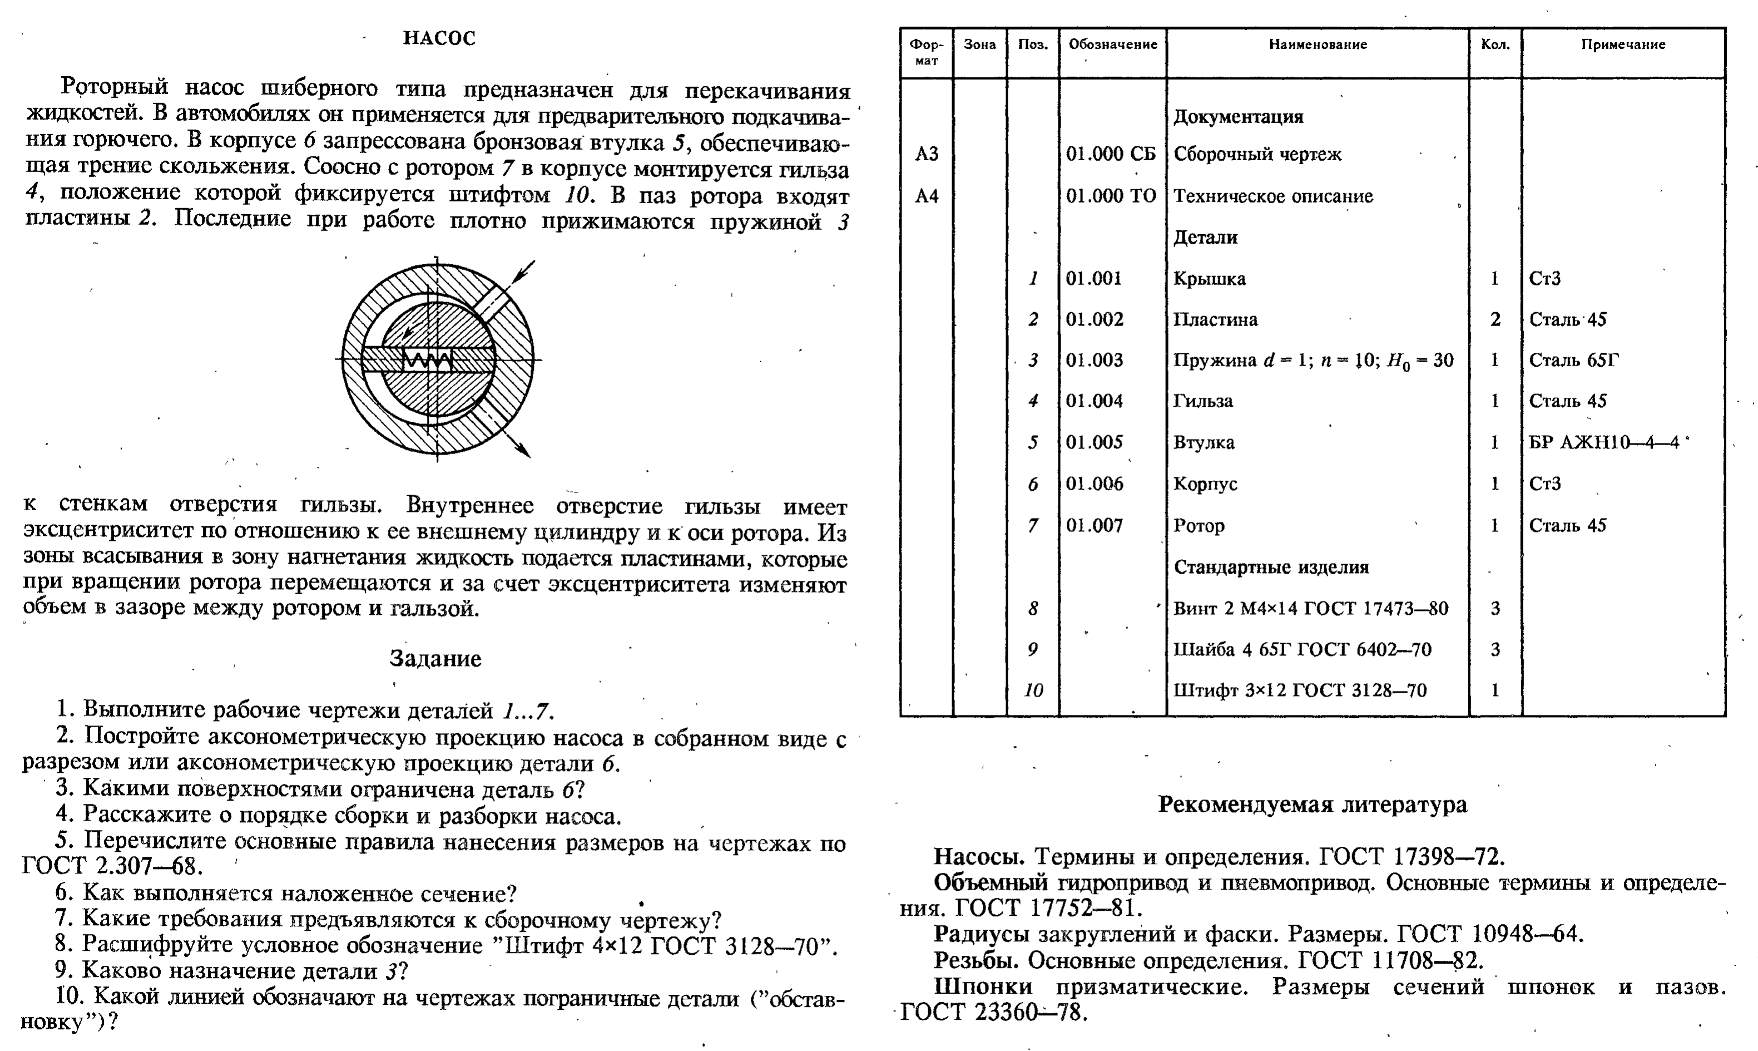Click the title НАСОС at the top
[439, 38]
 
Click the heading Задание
[435, 659]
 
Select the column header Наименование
[1317, 45]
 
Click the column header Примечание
[1623, 45]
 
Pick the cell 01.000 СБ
[1111, 154]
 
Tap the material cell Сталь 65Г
[1573, 361]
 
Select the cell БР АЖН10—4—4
[1604, 443]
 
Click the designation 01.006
[1094, 483]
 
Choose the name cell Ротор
[1199, 525]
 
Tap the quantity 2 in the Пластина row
[1495, 319]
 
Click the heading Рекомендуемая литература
[1312, 805]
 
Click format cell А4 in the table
[927, 196]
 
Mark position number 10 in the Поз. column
[1033, 690]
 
